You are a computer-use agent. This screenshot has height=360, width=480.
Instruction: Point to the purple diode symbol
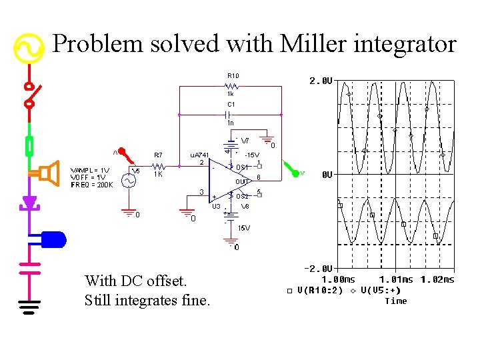pyautogui.click(x=29, y=203)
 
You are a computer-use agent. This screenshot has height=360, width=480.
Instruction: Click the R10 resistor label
pyautogui.click(x=233, y=76)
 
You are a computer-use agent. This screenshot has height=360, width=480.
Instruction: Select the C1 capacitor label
pyautogui.click(x=231, y=105)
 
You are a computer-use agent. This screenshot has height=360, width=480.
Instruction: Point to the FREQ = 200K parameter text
pyautogui.click(x=91, y=185)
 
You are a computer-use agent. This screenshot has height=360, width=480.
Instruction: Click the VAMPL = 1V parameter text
pyautogui.click(x=90, y=170)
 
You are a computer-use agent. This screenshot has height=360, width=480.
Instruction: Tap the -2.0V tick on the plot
pyautogui.click(x=319, y=268)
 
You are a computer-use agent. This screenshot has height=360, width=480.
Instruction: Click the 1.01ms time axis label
pyautogui.click(x=396, y=279)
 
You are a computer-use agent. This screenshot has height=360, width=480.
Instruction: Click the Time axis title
pyautogui.click(x=395, y=301)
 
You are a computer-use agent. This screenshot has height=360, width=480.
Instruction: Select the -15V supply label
pyautogui.click(x=251, y=155)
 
